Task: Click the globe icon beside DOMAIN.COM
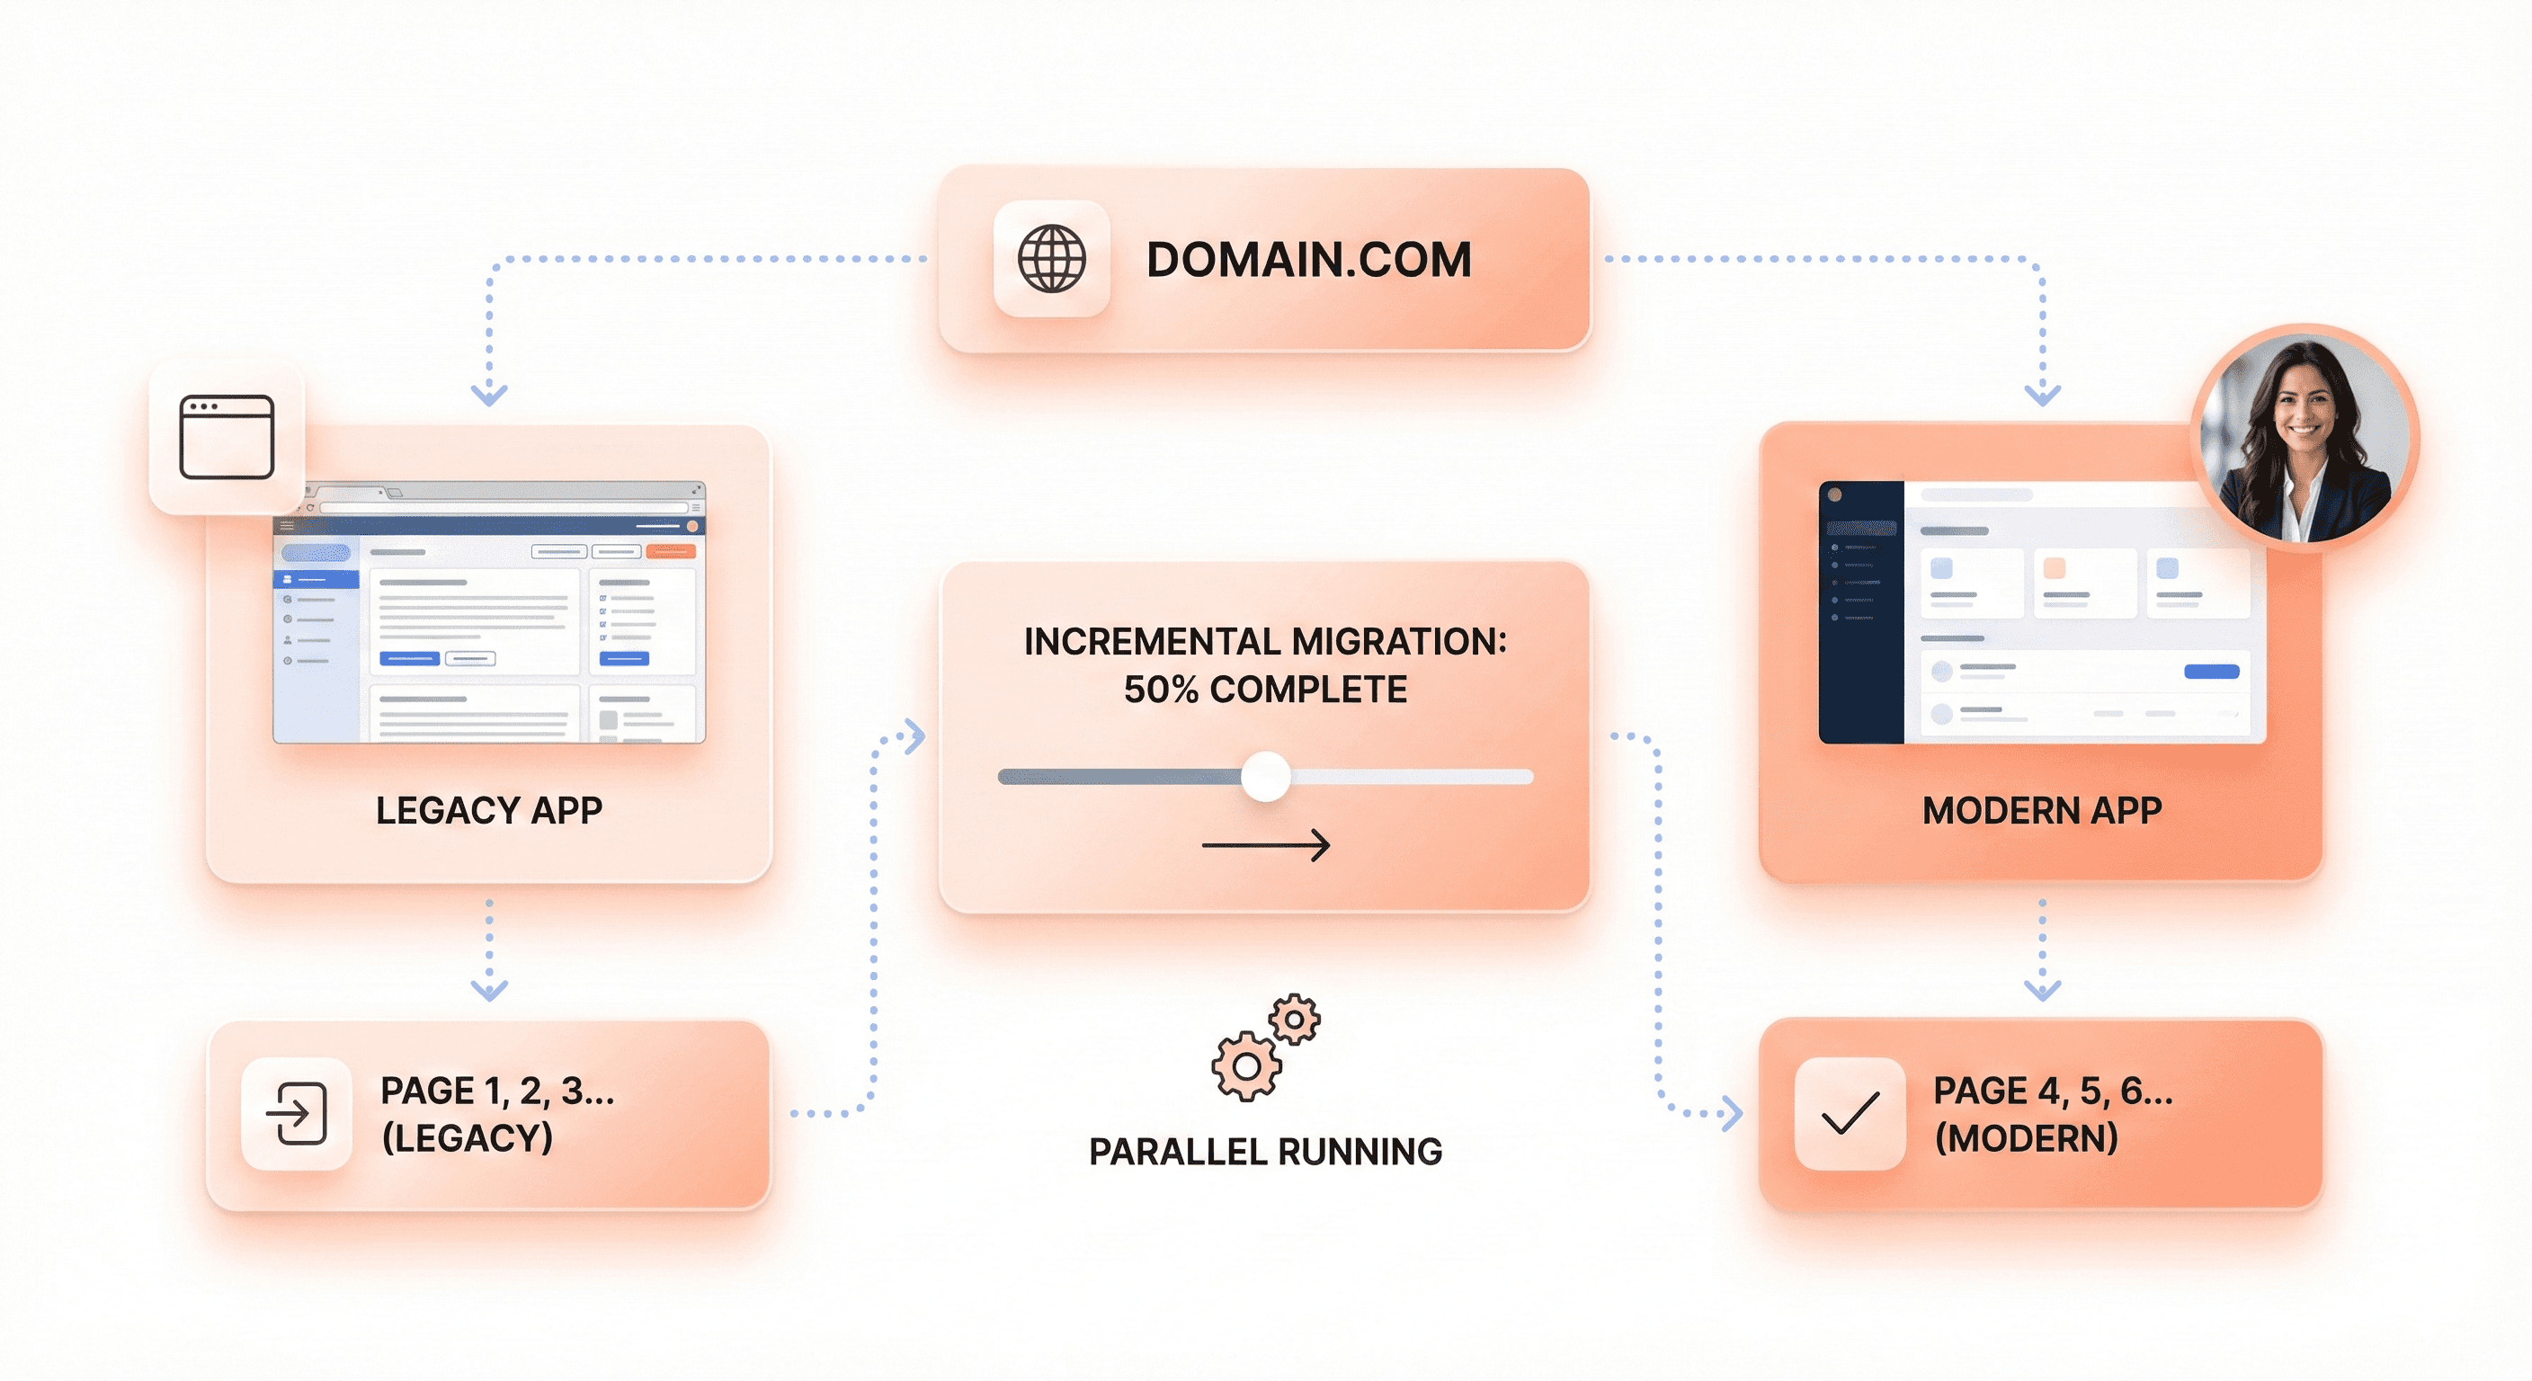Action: [x=1052, y=259]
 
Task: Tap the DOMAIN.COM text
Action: [x=1308, y=261]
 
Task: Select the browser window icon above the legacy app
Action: [x=227, y=436]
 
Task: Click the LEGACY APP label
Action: [x=488, y=810]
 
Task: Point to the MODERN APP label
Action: [x=2042, y=810]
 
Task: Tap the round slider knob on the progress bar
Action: [x=1265, y=777]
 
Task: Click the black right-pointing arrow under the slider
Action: [x=1265, y=844]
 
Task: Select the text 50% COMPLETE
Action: [x=1265, y=690]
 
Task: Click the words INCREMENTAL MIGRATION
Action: [x=1265, y=641]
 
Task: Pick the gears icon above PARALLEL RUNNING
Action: [x=1265, y=1047]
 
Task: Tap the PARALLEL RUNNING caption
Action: [x=1265, y=1151]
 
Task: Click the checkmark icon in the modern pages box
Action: [x=1850, y=1114]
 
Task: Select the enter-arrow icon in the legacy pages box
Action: [x=297, y=1114]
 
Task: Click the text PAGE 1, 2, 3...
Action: [x=497, y=1090]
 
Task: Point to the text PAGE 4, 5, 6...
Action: [x=2053, y=1090]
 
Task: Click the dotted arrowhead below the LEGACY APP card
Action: [x=488, y=989]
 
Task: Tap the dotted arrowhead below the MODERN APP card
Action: [x=2042, y=989]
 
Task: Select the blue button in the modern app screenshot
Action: [x=2211, y=672]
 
